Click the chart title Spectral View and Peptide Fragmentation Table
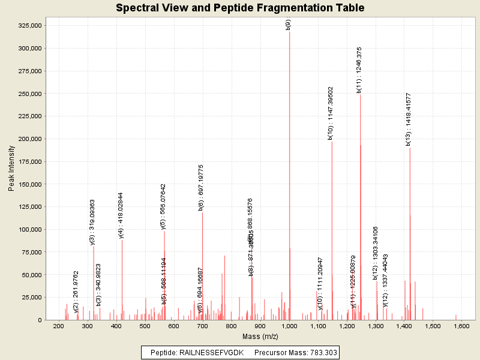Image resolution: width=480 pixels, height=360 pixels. click(x=240, y=8)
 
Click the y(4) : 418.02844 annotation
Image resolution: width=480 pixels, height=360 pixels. click(x=121, y=215)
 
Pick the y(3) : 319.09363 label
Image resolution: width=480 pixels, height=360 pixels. click(x=92, y=222)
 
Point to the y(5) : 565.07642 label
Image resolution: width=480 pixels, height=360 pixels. click(x=163, y=206)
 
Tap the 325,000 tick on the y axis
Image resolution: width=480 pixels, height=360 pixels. click(x=27, y=26)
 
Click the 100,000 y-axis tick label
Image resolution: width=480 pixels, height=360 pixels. click(x=27, y=230)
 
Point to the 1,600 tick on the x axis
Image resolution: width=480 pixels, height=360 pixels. click(x=461, y=326)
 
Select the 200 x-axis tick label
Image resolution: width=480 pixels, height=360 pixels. click(x=59, y=326)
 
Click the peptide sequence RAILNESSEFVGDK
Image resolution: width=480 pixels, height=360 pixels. click(x=214, y=352)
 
